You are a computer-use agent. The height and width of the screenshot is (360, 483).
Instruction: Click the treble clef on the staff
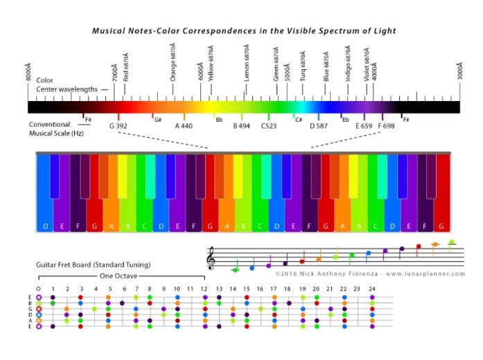(x=211, y=259)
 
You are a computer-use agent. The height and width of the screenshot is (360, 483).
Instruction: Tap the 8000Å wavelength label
(x=28, y=71)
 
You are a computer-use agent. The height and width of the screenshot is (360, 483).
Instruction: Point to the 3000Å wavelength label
(x=458, y=71)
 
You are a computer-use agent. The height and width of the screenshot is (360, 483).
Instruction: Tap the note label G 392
(x=118, y=127)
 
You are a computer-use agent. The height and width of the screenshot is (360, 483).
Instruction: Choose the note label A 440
(x=183, y=127)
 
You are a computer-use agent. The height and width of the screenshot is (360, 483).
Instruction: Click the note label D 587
(x=319, y=127)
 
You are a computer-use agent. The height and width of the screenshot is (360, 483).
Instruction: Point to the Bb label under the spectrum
(x=219, y=119)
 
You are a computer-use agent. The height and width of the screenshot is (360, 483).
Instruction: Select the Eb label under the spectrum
(x=345, y=119)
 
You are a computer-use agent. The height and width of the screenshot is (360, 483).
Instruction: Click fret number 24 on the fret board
(x=372, y=288)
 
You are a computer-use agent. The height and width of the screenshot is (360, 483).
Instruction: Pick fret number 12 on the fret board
(x=204, y=288)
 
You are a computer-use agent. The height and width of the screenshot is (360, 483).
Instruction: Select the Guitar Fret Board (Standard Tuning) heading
(x=93, y=264)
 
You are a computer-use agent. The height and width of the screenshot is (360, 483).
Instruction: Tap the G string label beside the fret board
(x=29, y=309)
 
